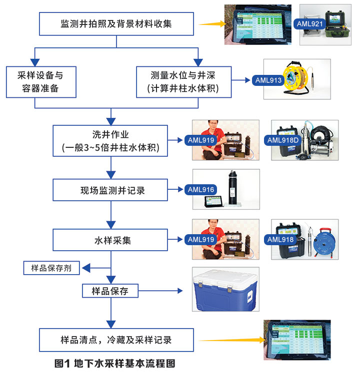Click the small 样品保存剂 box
pyautogui.click(x=52, y=268)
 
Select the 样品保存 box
pyautogui.click(x=110, y=291)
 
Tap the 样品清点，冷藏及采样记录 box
pyautogui.click(x=116, y=340)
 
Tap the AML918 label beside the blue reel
pyautogui.click(x=281, y=240)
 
